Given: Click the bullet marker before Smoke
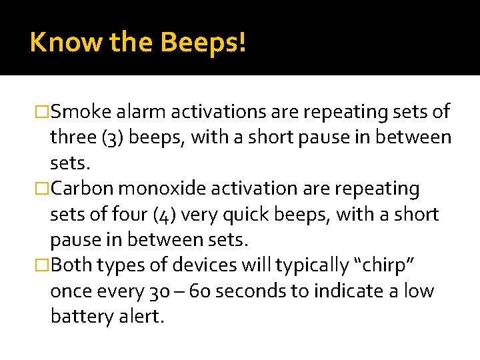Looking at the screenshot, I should click(43, 112).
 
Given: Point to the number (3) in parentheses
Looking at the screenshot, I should click(109, 137).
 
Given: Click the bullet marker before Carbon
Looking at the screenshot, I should click(43, 189).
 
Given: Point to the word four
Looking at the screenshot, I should click(133, 214).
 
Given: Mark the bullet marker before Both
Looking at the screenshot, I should click(43, 266).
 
